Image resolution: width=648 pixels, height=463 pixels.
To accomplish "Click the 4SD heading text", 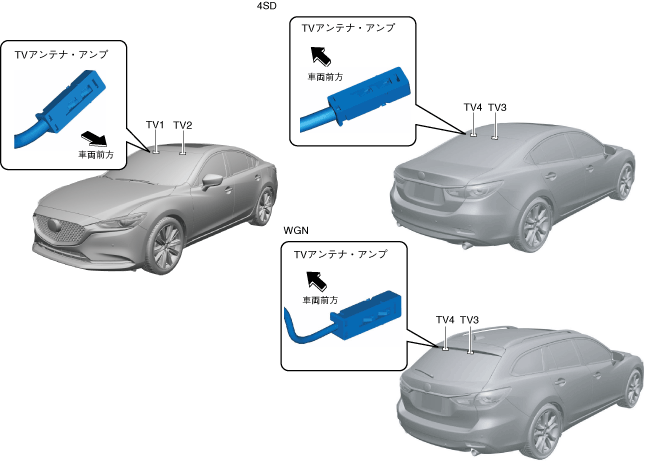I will [x=266, y=6].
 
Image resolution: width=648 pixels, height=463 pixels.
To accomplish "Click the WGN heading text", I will [x=297, y=229].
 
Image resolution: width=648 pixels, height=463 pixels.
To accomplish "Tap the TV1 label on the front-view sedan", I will [x=155, y=125].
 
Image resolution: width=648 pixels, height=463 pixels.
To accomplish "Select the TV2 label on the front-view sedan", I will [x=183, y=125].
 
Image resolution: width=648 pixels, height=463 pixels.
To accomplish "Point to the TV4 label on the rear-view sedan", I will [x=473, y=107].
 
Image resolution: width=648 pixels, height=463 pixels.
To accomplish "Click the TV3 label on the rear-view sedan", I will [x=497, y=107].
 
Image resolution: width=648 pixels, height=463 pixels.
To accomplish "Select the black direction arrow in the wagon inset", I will [x=315, y=277].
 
